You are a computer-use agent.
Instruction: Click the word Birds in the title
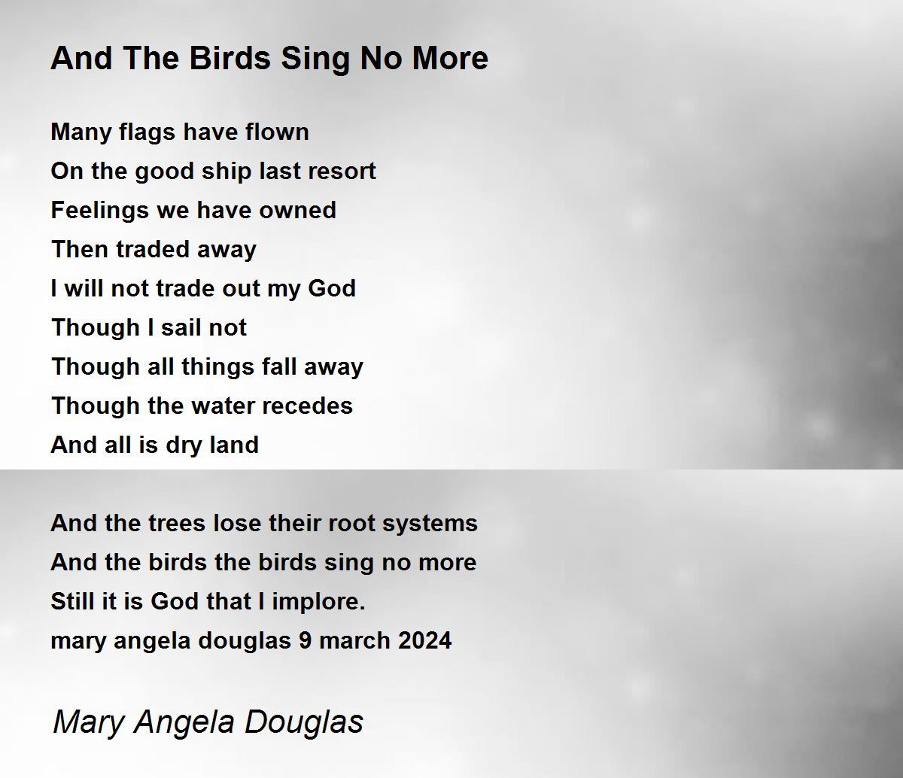click(230, 58)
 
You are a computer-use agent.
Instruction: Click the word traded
click(153, 250)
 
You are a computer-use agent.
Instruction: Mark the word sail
click(181, 327)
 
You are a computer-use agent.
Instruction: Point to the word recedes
click(307, 406)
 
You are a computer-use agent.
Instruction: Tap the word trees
click(177, 524)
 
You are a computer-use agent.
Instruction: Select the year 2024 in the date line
click(424, 641)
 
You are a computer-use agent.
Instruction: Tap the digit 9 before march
click(305, 641)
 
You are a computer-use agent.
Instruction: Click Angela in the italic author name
click(184, 722)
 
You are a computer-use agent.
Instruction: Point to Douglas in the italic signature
click(303, 722)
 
